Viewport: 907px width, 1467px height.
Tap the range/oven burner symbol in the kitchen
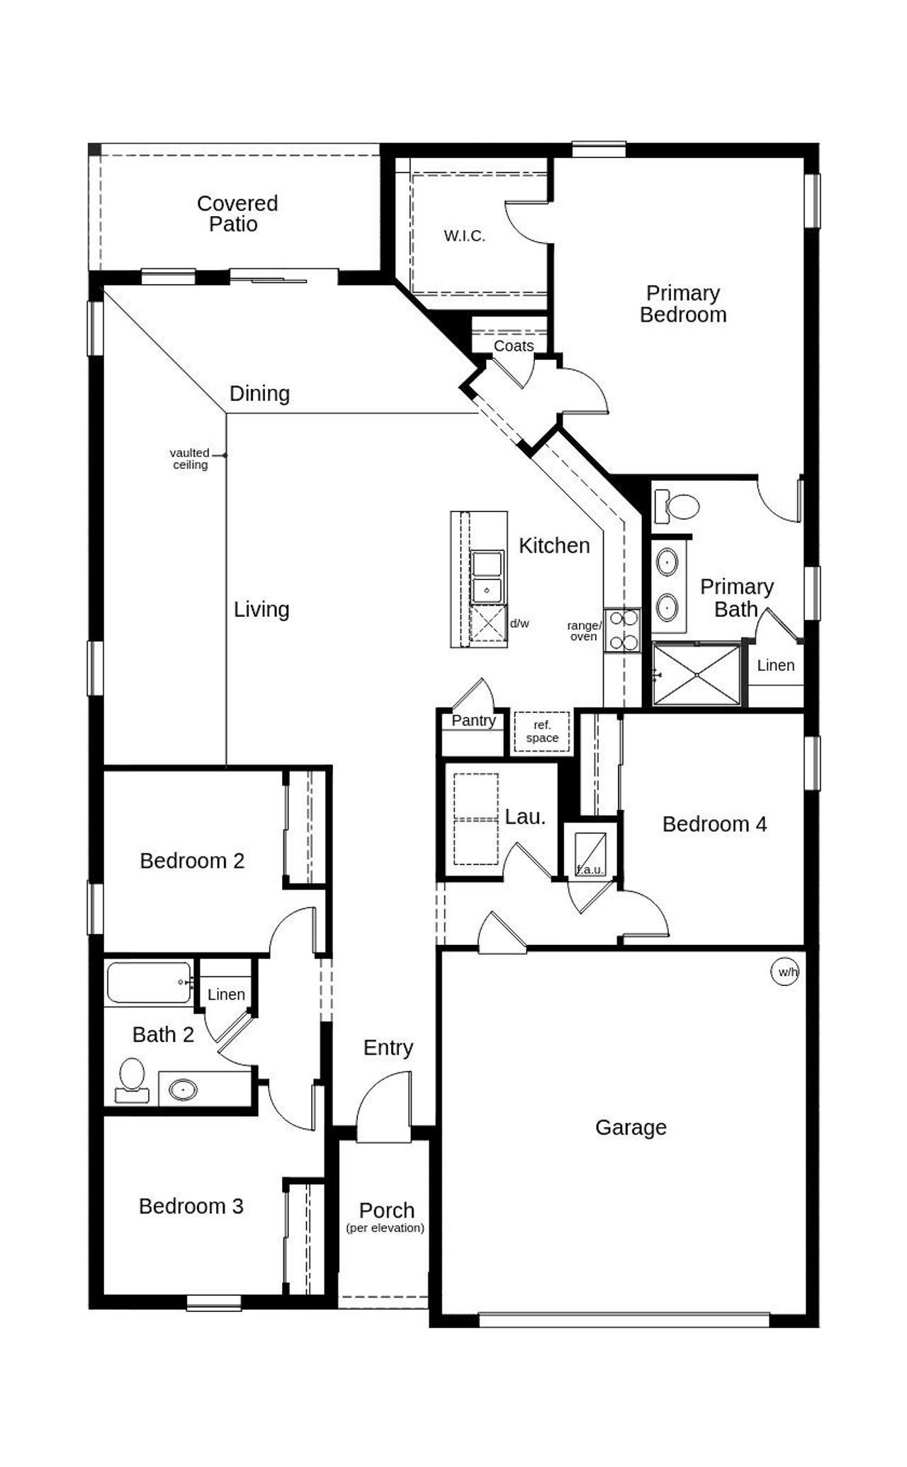(x=621, y=630)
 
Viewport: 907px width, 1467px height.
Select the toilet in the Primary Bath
(x=677, y=506)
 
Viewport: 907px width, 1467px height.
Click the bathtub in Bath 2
(x=149, y=982)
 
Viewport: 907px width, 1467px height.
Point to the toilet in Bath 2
(x=132, y=1078)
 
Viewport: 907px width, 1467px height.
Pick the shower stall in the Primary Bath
(x=696, y=674)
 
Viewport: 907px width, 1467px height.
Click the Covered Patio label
(x=237, y=213)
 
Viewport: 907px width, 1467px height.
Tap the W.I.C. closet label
(x=464, y=236)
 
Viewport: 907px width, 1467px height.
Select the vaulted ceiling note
(x=190, y=458)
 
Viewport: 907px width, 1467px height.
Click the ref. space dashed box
(x=541, y=732)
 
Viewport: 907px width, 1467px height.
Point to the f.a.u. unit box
(x=590, y=854)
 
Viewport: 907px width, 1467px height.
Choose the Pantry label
(x=473, y=720)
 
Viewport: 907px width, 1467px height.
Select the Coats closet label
(x=513, y=346)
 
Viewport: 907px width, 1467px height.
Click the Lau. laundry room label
(x=525, y=817)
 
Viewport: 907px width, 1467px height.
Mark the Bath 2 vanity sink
(x=183, y=1089)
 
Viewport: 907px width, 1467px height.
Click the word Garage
(x=631, y=1127)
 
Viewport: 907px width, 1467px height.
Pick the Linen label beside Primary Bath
(x=775, y=665)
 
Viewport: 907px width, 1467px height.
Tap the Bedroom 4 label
(x=714, y=824)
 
